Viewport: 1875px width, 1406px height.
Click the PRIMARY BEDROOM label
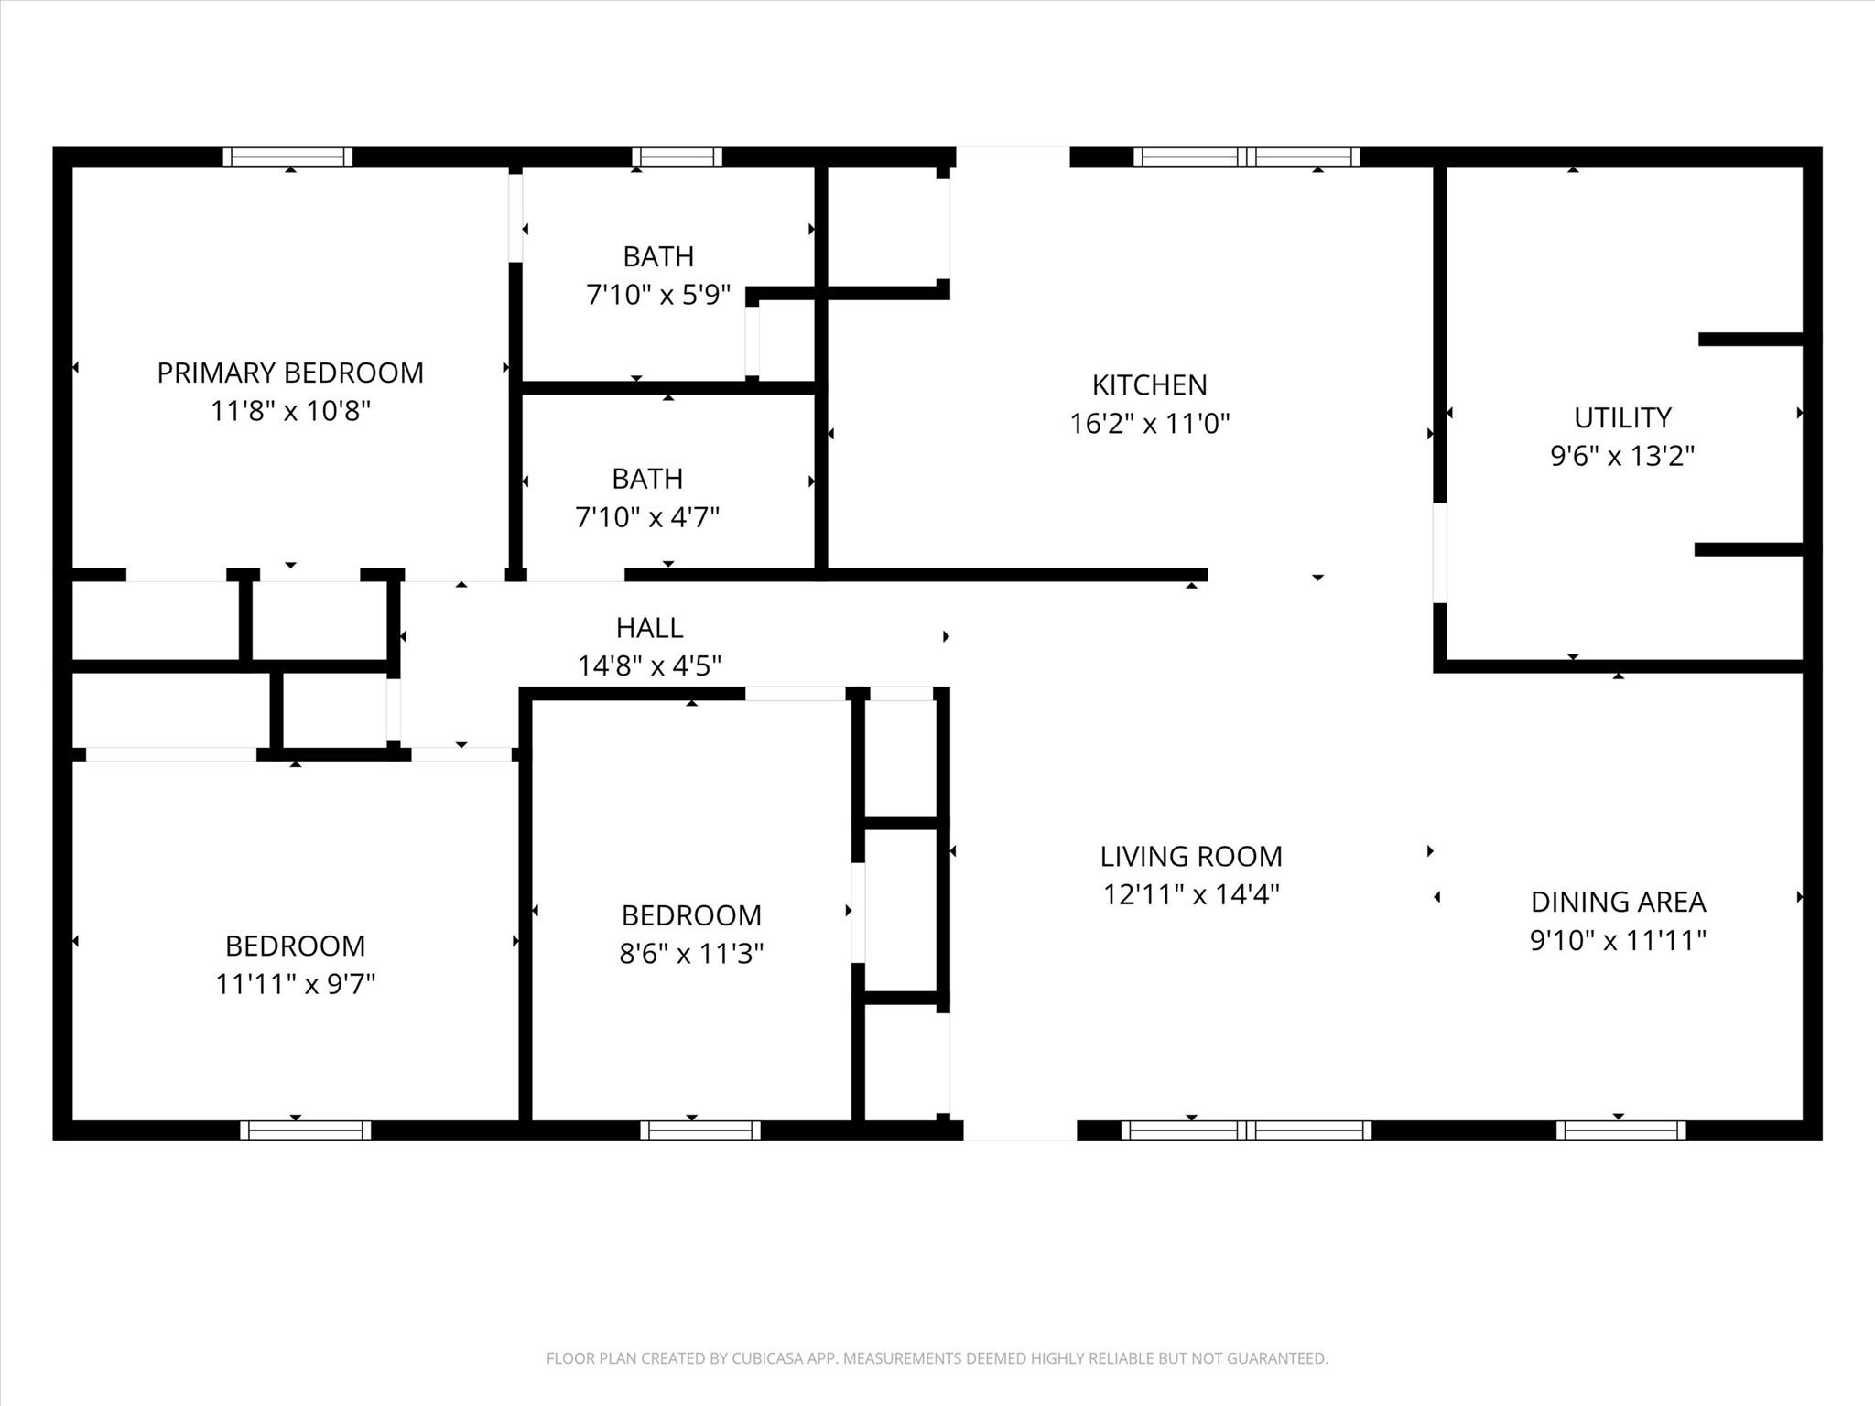coord(290,373)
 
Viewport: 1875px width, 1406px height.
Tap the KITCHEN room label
coord(1150,384)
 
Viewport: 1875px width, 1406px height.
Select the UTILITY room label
coord(1622,417)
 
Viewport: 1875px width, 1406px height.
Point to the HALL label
coord(649,627)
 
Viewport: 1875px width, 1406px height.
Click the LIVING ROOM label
coord(1191,856)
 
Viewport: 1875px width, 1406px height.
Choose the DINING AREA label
coord(1618,902)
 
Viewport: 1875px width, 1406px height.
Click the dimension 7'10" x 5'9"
coord(658,295)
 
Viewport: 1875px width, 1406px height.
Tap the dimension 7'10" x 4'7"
coord(647,517)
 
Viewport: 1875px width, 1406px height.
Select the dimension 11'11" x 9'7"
coord(296,983)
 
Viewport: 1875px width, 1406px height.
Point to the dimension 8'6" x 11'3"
coord(691,954)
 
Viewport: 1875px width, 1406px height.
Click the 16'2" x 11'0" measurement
coord(1150,423)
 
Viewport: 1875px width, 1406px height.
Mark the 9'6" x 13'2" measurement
coord(1622,456)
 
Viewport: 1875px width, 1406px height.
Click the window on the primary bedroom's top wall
coord(287,157)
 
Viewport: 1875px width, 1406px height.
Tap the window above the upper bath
coord(677,157)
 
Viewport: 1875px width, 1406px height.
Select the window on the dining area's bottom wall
coord(1620,1130)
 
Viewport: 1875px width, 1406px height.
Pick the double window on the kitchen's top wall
coord(1246,157)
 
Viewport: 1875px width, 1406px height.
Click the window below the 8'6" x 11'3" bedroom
coord(700,1130)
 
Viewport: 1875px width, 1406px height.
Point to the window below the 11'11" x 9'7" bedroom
coord(306,1130)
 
